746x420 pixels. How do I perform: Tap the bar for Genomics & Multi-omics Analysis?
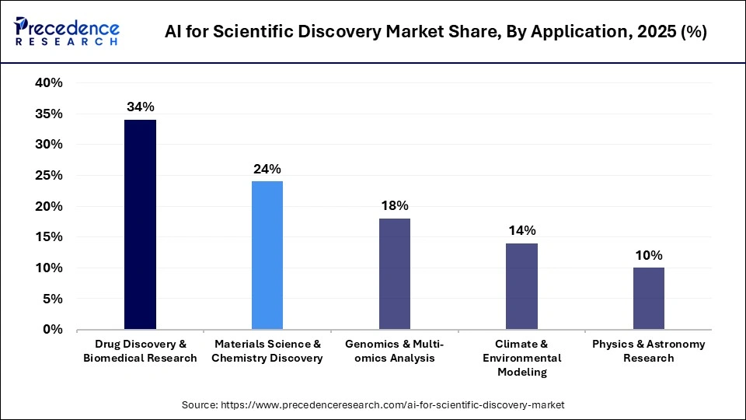pyautogui.click(x=394, y=274)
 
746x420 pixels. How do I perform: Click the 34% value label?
pyautogui.click(x=140, y=107)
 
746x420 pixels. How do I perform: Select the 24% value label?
pyautogui.click(x=267, y=169)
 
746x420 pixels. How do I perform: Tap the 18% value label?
pyautogui.click(x=394, y=205)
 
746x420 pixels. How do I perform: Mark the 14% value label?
pyautogui.click(x=521, y=230)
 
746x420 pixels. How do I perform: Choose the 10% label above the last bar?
pyautogui.click(x=648, y=255)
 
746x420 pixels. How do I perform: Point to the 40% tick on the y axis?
pyautogui.click(x=48, y=83)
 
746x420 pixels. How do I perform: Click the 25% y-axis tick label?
pyautogui.click(x=48, y=176)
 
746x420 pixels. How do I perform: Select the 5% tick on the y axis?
pyautogui.click(x=52, y=299)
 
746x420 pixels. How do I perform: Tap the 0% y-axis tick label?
pyautogui.click(x=52, y=330)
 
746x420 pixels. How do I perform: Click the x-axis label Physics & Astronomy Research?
pyautogui.click(x=648, y=351)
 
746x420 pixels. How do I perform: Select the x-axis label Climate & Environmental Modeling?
pyautogui.click(x=521, y=358)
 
